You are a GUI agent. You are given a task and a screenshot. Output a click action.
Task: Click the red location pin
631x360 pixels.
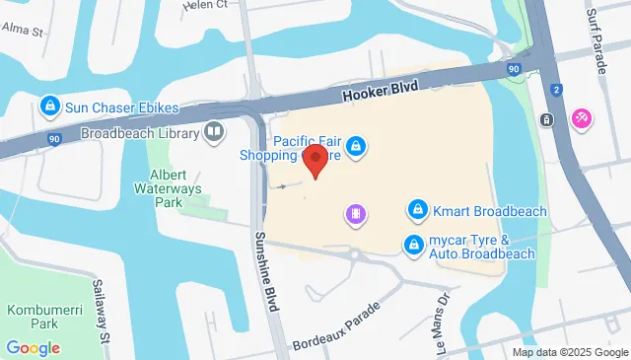coord(315,161)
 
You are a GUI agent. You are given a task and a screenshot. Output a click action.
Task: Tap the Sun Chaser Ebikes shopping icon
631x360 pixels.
coord(47,105)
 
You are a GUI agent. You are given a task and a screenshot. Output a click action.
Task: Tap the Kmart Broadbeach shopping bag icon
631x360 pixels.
coord(418,211)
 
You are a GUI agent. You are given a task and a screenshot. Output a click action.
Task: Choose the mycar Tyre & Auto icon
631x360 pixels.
coord(415,246)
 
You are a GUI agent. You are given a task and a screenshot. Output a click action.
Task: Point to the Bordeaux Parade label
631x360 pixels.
coord(336,325)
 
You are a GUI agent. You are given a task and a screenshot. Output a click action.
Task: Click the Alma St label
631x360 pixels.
coord(25,31)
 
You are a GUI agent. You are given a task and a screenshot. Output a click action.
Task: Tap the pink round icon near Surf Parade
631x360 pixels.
coord(582,118)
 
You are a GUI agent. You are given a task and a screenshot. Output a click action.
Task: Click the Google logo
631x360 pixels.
coord(33,347)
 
